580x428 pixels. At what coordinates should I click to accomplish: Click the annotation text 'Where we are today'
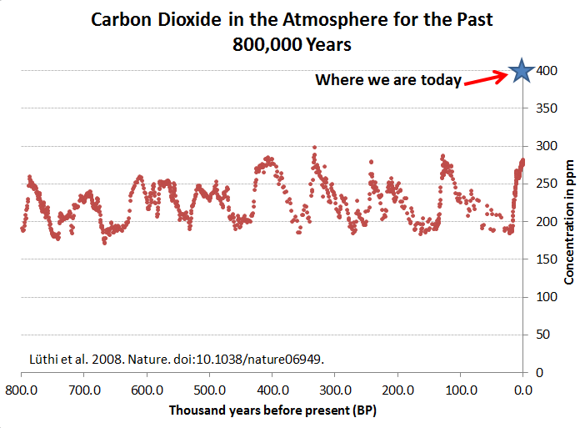click(387, 80)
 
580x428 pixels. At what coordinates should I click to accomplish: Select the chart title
click(292, 32)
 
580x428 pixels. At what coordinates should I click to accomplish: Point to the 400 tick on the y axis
click(542, 71)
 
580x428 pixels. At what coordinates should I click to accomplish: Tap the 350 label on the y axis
click(542, 108)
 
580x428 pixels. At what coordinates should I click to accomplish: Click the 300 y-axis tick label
click(542, 146)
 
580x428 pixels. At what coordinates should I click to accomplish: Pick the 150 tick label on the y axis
click(542, 259)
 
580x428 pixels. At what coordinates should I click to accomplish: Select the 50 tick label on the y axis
click(540, 335)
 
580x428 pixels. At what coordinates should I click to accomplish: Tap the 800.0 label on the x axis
click(21, 390)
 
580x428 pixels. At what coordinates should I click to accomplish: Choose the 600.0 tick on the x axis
click(146, 390)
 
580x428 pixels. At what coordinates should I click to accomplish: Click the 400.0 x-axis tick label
click(272, 390)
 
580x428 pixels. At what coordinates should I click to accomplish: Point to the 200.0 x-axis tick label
click(397, 390)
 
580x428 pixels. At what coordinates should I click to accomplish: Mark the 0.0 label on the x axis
click(522, 390)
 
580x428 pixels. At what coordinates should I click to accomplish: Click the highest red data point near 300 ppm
click(314, 147)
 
